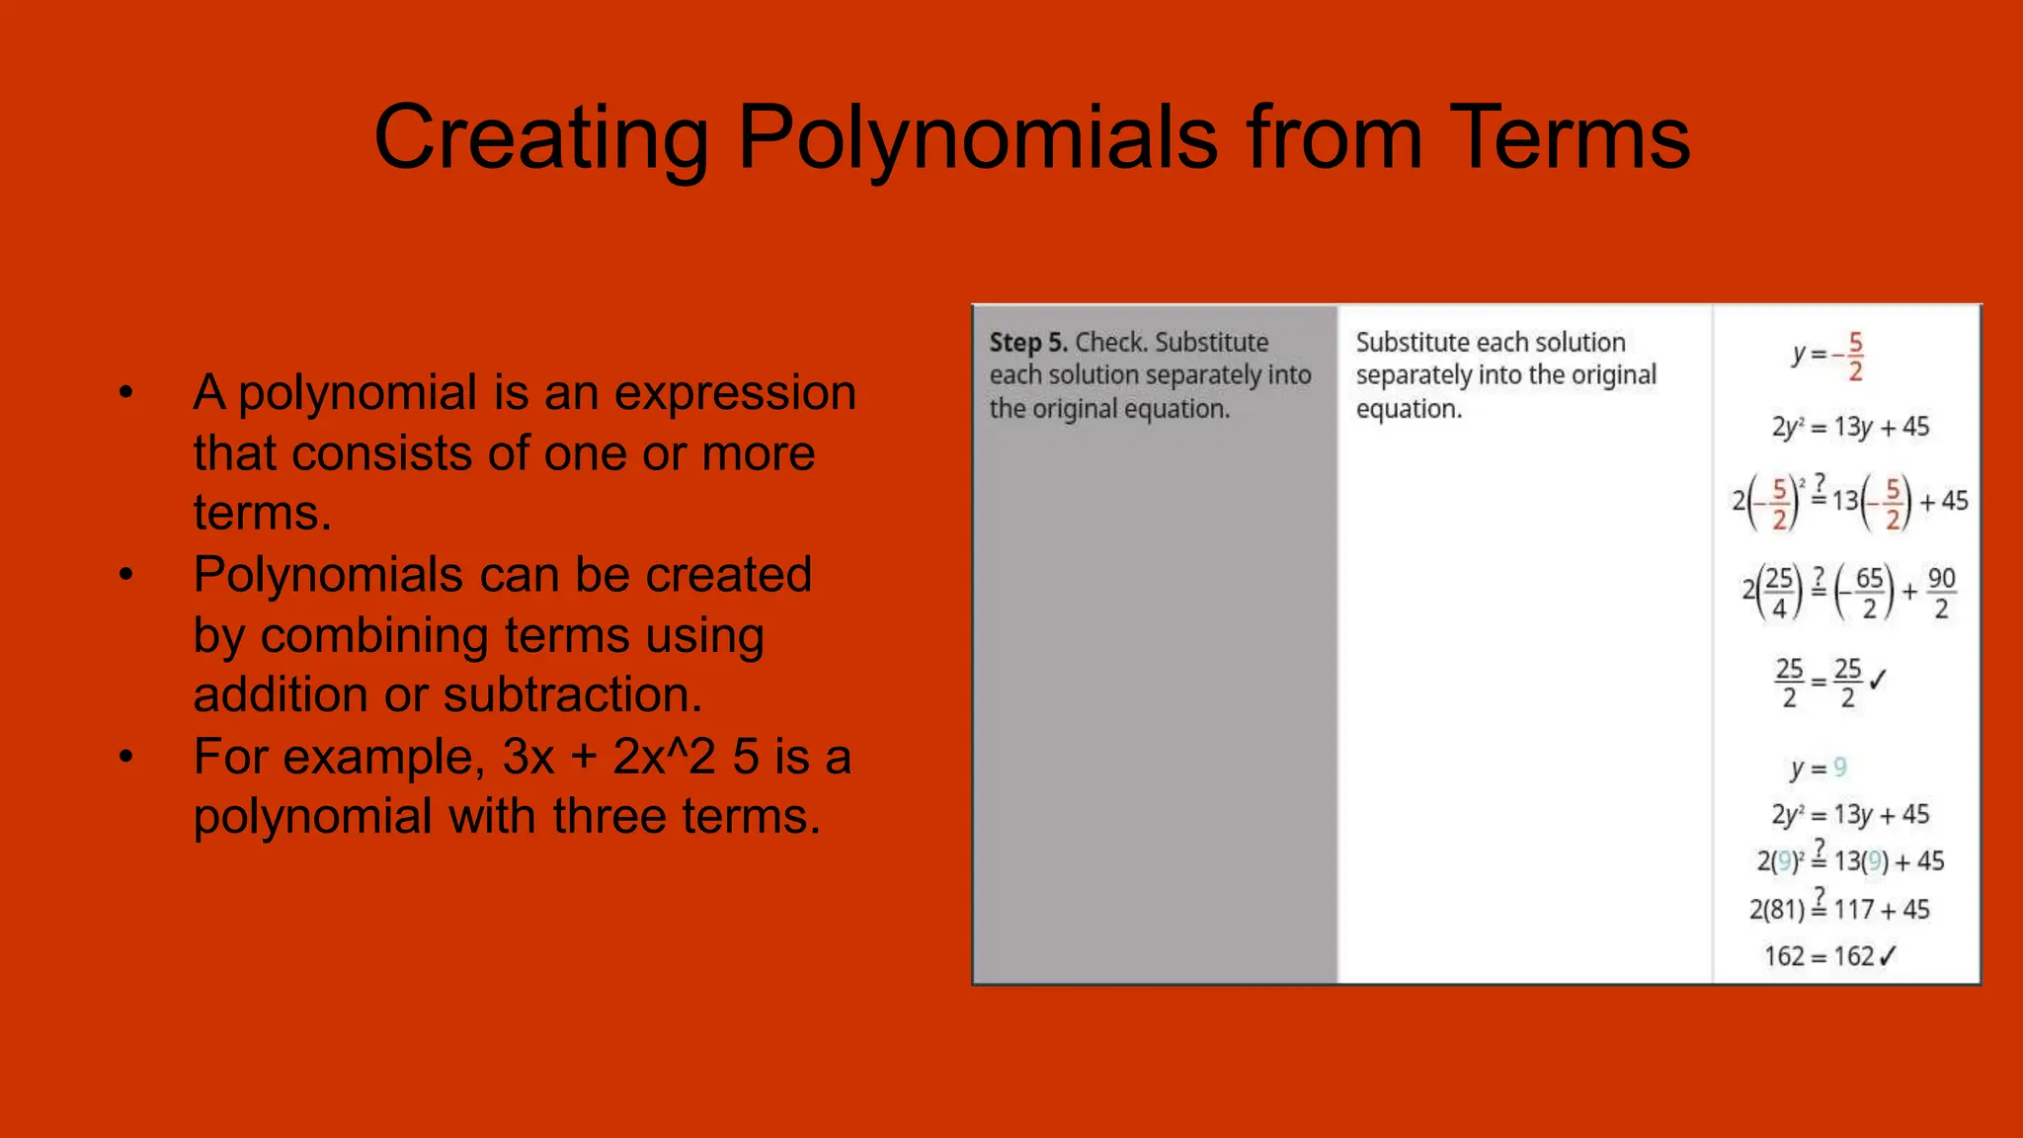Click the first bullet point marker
[125, 392]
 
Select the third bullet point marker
[125, 757]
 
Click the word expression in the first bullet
[735, 393]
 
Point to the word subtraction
[573, 695]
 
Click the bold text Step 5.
[1028, 343]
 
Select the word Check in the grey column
[1110, 343]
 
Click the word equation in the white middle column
[1408, 409]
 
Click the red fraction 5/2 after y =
[1855, 357]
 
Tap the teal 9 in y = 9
[1839, 768]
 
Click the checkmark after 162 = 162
[1887, 956]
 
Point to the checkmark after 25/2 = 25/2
[1878, 680]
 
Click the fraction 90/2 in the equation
[1941, 593]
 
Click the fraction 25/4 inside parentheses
[1779, 593]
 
